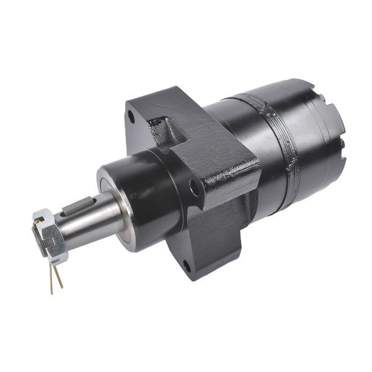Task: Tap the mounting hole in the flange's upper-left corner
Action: [x=131, y=115]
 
